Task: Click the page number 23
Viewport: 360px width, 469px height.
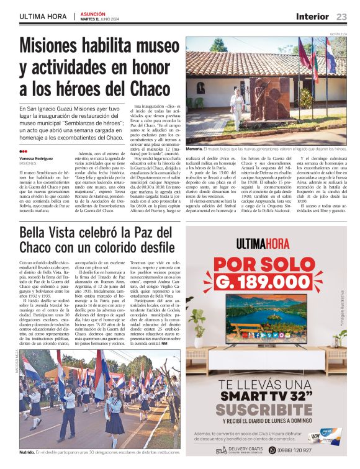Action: click(342, 16)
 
